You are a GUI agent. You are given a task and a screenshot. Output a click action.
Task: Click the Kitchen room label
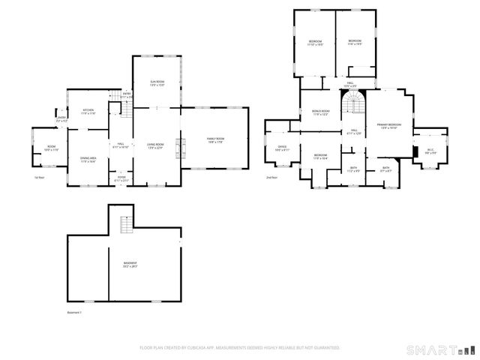pyautogui.click(x=88, y=111)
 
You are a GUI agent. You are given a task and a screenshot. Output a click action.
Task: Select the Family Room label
pyautogui.click(x=216, y=141)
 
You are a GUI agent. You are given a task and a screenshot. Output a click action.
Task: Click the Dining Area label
pyautogui.click(x=88, y=159)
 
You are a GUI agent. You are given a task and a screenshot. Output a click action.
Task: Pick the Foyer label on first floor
pyautogui.click(x=121, y=179)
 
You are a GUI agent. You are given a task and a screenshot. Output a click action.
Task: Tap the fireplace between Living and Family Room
pyautogui.click(x=178, y=148)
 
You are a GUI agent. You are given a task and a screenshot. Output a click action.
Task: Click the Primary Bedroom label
pyautogui.click(x=388, y=126)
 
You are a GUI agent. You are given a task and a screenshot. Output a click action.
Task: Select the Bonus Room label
pyautogui.click(x=320, y=112)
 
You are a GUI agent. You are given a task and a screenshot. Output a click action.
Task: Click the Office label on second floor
pyautogui.click(x=282, y=148)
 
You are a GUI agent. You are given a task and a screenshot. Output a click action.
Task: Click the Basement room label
pyautogui.click(x=130, y=263)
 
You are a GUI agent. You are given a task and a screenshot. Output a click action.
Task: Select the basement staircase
pyautogui.click(x=125, y=223)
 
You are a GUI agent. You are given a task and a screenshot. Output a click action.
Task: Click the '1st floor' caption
pyautogui.click(x=40, y=178)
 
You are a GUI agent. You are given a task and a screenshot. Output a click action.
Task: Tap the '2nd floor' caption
pyautogui.click(x=271, y=178)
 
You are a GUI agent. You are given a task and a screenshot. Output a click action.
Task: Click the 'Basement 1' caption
pyautogui.click(x=73, y=312)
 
